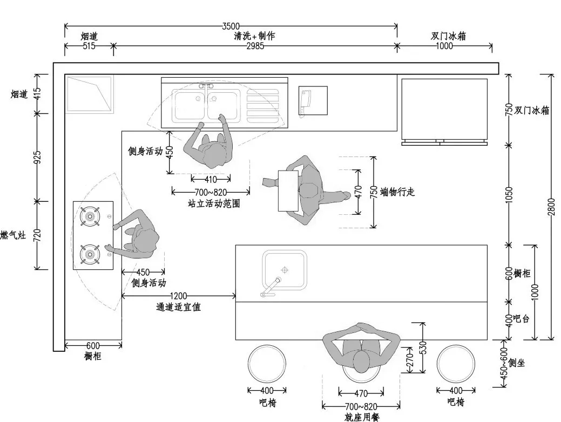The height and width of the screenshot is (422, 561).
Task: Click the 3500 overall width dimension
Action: click(x=231, y=25)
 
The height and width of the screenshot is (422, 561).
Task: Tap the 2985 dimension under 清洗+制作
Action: click(x=255, y=46)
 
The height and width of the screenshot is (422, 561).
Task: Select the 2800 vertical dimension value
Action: click(x=551, y=207)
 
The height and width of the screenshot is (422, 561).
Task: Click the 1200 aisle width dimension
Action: click(x=178, y=295)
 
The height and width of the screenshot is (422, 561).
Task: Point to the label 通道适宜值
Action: click(x=178, y=307)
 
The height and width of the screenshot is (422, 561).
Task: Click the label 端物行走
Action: click(x=397, y=192)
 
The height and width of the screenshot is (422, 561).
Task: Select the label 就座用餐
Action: click(x=362, y=417)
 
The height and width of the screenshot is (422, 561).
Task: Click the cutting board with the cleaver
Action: click(x=313, y=101)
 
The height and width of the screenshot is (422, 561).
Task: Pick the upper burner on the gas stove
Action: click(x=90, y=217)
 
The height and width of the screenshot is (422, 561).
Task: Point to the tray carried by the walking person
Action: click(x=288, y=190)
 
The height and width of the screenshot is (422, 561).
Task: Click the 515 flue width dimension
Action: click(x=89, y=46)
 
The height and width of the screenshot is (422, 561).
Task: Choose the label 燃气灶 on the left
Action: click(x=13, y=235)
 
